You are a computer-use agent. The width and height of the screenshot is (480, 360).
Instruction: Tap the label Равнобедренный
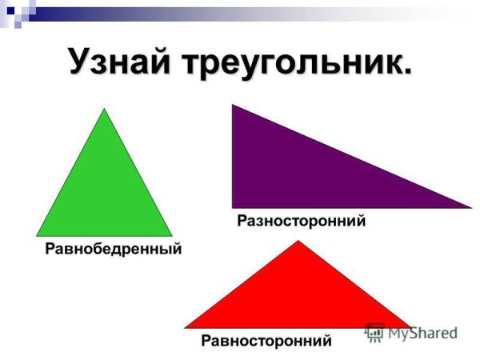[114, 249]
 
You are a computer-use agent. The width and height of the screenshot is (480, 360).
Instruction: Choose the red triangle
[298, 296]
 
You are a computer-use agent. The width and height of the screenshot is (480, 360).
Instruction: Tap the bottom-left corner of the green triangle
[37, 236]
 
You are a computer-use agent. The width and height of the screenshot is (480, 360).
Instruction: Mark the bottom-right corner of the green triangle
[172, 236]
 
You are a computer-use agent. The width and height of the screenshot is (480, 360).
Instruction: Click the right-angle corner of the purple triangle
[233, 207]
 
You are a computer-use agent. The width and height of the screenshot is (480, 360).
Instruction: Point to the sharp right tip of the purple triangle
[471, 207]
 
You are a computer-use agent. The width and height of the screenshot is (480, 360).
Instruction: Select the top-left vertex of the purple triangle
[233, 105]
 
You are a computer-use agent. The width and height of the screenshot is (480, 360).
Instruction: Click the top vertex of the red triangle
[298, 242]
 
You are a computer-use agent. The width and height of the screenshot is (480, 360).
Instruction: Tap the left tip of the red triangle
[186, 327]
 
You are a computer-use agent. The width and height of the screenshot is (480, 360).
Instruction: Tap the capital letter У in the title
[79, 62]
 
